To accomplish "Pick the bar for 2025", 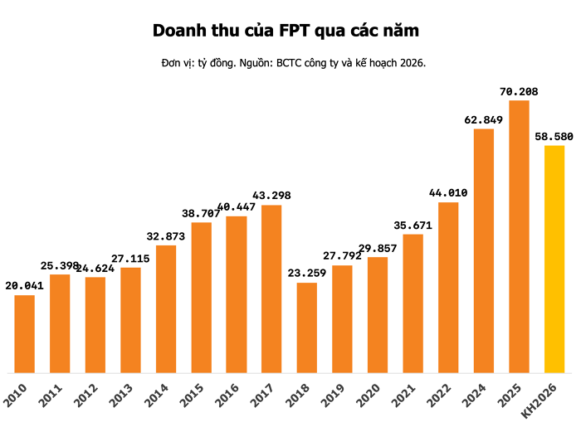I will pyautogui.click(x=520, y=236).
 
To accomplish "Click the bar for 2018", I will pyautogui.click(x=307, y=328).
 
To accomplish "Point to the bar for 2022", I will pyautogui.click(x=448, y=287).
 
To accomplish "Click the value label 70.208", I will pyautogui.click(x=519, y=91).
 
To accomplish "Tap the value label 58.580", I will pyautogui.click(x=554, y=136).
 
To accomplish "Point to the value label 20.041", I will pyautogui.click(x=24, y=285).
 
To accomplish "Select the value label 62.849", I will pyautogui.click(x=484, y=119).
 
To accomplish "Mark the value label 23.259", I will pyautogui.click(x=307, y=273).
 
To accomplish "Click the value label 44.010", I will pyautogui.click(x=448, y=193).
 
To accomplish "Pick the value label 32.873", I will pyautogui.click(x=165, y=236).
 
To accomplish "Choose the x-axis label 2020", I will pyautogui.click(x=369, y=394).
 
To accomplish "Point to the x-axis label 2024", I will pyautogui.click(x=475, y=394).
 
